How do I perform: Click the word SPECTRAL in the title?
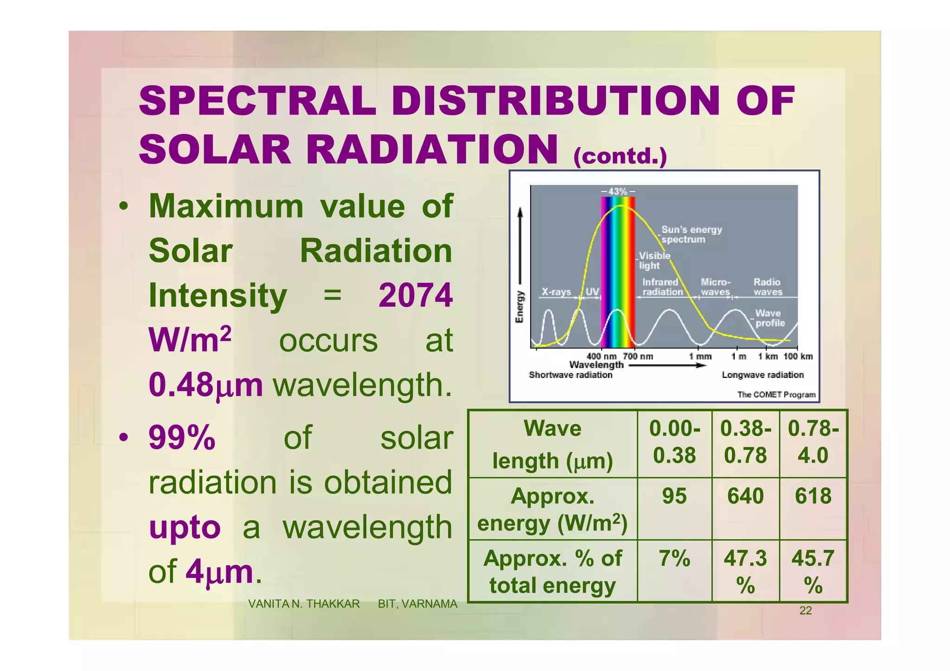point(257,101)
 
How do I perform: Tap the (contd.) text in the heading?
point(620,156)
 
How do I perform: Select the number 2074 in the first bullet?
point(415,295)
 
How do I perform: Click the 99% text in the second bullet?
point(182,438)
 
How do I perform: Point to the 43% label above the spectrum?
point(617,191)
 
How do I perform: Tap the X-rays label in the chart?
point(556,292)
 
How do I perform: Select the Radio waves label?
point(767,287)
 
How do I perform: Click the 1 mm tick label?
point(700,357)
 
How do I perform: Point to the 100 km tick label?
point(798,357)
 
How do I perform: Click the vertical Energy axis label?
point(520,307)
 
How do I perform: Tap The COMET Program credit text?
point(776,395)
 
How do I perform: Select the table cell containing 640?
point(745,496)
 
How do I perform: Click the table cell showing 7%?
point(674,558)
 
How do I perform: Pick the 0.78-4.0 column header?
point(813,442)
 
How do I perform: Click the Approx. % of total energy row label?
point(552,571)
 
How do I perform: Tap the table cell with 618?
point(813,496)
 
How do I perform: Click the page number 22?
point(806,611)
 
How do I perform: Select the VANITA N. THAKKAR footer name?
point(304,604)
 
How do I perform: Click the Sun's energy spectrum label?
point(691,235)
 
